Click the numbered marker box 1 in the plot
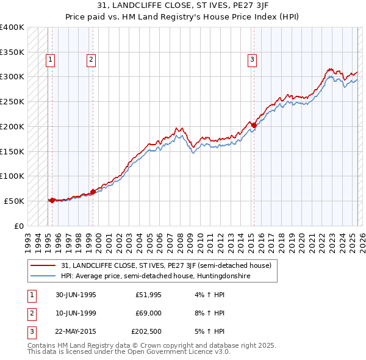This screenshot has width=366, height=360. click(49, 60)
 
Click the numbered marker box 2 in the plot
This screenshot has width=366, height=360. click(90, 60)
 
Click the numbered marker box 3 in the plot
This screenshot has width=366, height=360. click(251, 60)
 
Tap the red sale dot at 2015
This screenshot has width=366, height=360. click(254, 126)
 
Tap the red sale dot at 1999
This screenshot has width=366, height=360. click(93, 192)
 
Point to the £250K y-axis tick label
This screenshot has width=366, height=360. click(12, 101)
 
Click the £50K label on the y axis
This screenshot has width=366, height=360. click(15, 201)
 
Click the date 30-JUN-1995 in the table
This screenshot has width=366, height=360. click(76, 295)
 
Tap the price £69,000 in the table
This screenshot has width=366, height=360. click(148, 313)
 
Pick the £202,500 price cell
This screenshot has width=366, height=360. click(146, 331)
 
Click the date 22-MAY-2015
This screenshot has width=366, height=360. click(76, 331)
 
